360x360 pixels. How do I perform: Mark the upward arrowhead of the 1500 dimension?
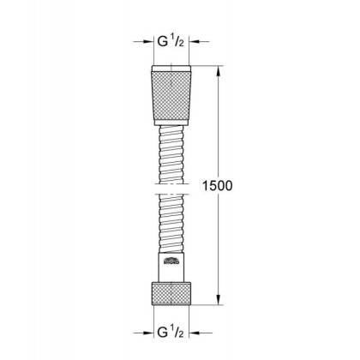[220, 70]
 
